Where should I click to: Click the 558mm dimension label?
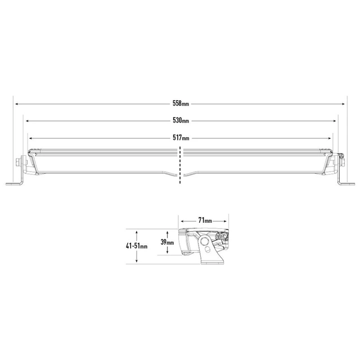[x=181, y=104]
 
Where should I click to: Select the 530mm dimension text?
[x=181, y=121]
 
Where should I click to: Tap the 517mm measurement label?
[x=181, y=137]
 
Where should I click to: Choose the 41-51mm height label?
[x=136, y=246]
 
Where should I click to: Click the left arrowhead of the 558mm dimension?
[x=17, y=104]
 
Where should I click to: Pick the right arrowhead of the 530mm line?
[x=335, y=120]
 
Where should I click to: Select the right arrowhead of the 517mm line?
[x=331, y=137]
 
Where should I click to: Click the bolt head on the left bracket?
[x=19, y=162]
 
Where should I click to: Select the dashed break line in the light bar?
[x=180, y=163]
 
